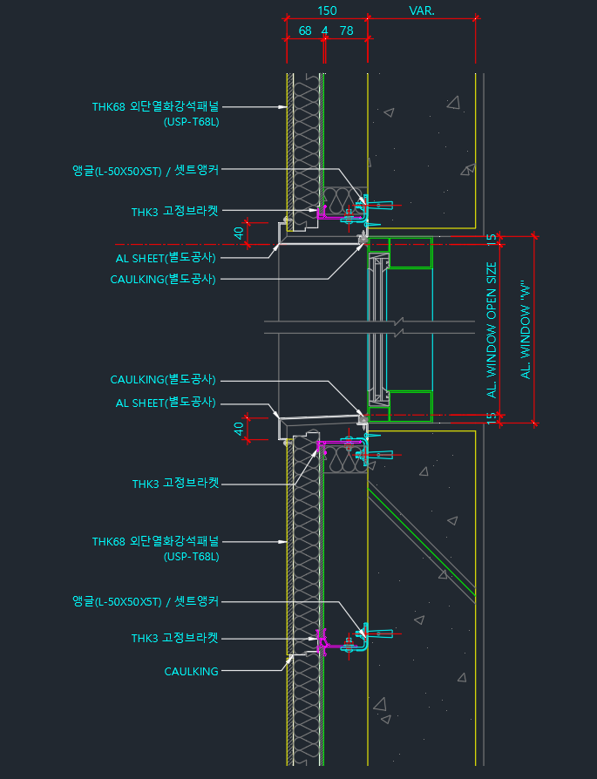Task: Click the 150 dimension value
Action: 326,10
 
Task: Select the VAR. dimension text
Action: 422,10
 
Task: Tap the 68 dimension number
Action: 305,30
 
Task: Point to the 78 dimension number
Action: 346,30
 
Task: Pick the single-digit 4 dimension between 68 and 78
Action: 324,30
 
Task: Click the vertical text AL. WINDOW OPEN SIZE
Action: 492,330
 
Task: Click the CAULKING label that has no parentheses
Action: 191,672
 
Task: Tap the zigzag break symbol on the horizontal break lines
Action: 399,328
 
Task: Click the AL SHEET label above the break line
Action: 166,258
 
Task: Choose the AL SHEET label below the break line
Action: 166,403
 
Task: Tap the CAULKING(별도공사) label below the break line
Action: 163,381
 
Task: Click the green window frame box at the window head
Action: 410,253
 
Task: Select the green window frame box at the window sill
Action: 410,406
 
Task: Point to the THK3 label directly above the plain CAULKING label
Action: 174,639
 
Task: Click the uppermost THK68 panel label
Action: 156,107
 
